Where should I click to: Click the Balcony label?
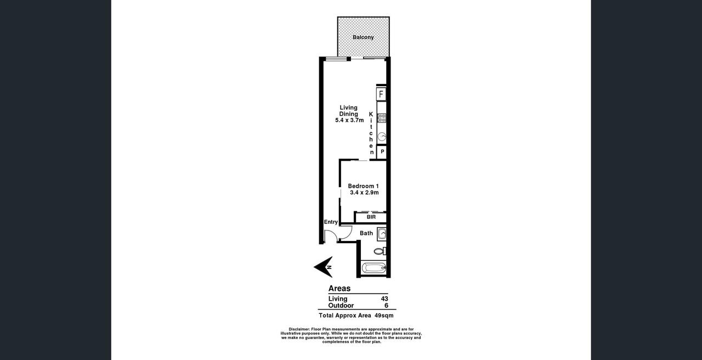(363, 37)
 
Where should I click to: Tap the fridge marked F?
(381, 94)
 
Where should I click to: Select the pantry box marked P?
(382, 152)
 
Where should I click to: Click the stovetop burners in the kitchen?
(382, 118)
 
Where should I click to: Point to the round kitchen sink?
(382, 137)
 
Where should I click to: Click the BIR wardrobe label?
(371, 217)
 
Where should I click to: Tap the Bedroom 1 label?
(363, 186)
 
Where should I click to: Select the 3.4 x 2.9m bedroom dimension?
(364, 193)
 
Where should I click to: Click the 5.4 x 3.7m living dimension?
(349, 120)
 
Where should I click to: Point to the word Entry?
(331, 222)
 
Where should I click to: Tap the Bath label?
(366, 233)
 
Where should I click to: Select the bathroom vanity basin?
(382, 234)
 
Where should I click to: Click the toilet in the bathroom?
(380, 251)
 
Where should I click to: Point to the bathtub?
(373, 268)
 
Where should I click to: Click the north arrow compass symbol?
(324, 267)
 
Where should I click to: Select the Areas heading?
(339, 288)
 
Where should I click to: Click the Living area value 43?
(384, 299)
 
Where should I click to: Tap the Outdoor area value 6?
(387, 306)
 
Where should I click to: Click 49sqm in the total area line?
(384, 316)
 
